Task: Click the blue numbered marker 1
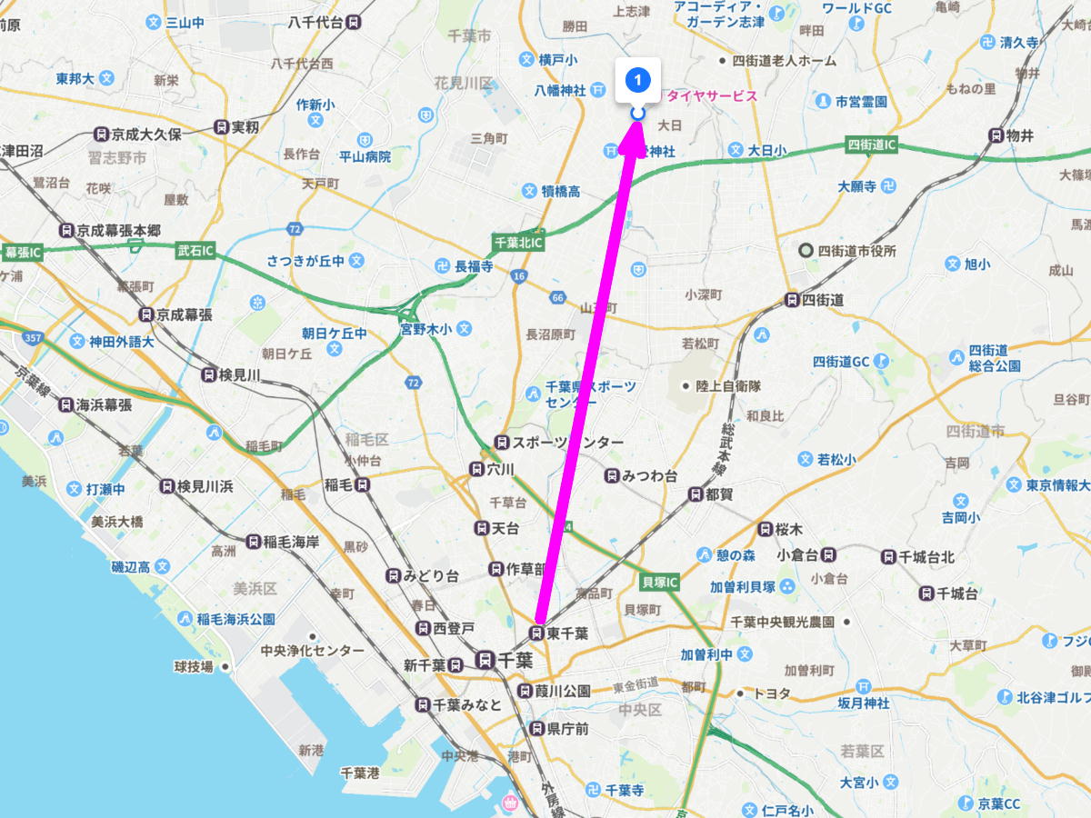(637, 81)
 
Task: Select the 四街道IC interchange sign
(872, 145)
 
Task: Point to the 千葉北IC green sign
(518, 243)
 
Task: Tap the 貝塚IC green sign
(660, 581)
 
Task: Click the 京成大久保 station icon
(102, 134)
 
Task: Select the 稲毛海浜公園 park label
(235, 619)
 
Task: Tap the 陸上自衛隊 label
(727, 385)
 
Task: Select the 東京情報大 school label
(1057, 485)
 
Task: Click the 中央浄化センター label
(312, 651)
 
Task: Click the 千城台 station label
(956, 594)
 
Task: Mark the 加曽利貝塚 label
(743, 586)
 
